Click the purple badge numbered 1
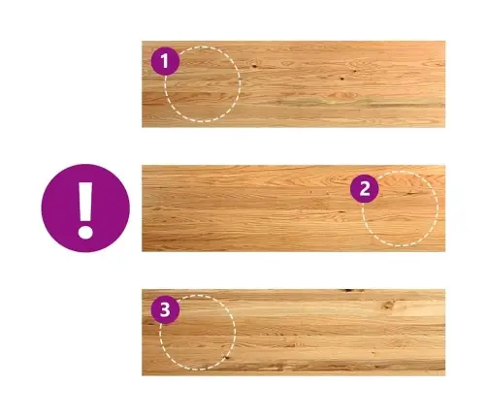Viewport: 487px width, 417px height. click(x=165, y=61)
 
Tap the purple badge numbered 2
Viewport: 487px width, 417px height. click(x=365, y=188)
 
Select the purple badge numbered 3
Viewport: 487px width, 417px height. click(x=165, y=309)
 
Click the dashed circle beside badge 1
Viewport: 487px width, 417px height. click(x=241, y=83)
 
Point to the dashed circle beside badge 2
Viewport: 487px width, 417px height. click(x=438, y=208)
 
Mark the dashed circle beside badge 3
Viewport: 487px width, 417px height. click(x=236, y=333)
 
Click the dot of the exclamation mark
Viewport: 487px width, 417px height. click(x=85, y=232)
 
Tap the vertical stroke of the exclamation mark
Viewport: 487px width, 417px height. click(x=85, y=201)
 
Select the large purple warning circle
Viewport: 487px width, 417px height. click(x=85, y=208)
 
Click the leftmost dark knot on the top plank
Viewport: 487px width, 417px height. click(x=254, y=66)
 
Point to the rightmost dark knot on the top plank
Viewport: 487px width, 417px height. click(x=355, y=71)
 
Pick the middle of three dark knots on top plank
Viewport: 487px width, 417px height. click(x=341, y=79)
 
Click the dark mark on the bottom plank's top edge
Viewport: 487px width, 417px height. click(x=352, y=291)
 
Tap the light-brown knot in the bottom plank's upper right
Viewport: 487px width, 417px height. click(x=389, y=305)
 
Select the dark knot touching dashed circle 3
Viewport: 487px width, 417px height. click(x=227, y=357)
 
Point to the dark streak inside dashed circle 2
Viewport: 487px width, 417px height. click(x=411, y=193)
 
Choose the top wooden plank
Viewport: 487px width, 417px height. click(x=294, y=84)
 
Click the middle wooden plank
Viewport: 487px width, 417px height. click(x=294, y=208)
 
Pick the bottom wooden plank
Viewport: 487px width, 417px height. click(x=294, y=333)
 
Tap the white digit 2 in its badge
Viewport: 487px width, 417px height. click(x=365, y=189)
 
